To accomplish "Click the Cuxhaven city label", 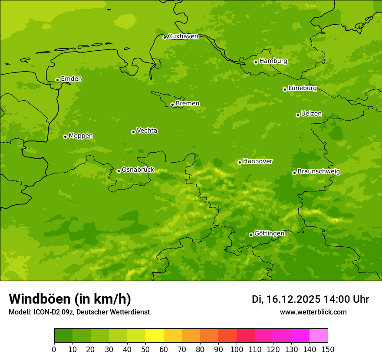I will tap(183, 36).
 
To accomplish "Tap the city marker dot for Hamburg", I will tap(256, 62).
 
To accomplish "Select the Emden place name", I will tap(71, 79).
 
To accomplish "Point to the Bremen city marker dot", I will tap(172, 105).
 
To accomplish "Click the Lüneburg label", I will tap(302, 88).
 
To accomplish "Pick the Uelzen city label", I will tap(311, 114).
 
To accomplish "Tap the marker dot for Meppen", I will tap(65, 137).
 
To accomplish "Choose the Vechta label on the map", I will tap(147, 131).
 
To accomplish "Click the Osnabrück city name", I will tap(138, 170).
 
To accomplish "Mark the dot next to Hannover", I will tap(240, 162).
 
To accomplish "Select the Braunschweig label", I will tap(319, 171).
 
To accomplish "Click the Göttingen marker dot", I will tap(251, 235).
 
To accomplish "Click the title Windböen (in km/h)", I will tap(70, 299).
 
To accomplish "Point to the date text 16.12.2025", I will tap(293, 299).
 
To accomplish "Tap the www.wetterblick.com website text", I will tap(313, 312).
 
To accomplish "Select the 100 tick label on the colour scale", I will tap(237, 349).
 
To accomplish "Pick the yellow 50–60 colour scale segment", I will tap(155, 336).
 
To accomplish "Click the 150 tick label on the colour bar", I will tap(328, 349).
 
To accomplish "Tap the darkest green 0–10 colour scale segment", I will tap(63, 336).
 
